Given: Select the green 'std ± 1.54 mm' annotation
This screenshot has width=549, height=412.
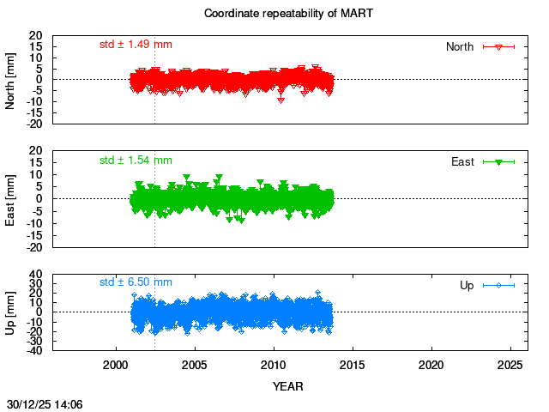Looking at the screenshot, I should tap(136, 160).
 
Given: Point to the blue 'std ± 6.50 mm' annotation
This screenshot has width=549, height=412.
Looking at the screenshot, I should tap(136, 282).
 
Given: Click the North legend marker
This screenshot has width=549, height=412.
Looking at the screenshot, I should tap(498, 46).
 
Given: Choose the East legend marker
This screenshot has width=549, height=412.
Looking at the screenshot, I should tap(498, 161).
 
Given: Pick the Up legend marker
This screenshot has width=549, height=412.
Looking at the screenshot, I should tap(498, 284).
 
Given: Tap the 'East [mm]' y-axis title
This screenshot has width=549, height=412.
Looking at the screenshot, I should tap(11, 197).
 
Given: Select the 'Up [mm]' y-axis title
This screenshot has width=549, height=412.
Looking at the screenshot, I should tap(11, 312).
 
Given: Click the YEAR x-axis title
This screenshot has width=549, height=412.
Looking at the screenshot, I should tap(287, 386).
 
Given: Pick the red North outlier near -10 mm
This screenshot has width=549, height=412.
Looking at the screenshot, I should tap(281, 100).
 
